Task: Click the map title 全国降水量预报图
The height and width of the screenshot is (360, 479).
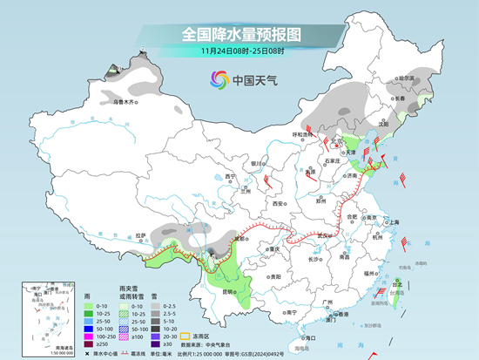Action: pyautogui.click(x=240, y=35)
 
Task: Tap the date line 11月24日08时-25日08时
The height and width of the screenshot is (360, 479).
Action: pyautogui.click(x=240, y=53)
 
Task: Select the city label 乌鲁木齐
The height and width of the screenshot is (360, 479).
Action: pyautogui.click(x=126, y=102)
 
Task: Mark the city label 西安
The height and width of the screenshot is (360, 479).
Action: pyautogui.click(x=278, y=203)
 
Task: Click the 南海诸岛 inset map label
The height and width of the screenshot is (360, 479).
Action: pyautogui.click(x=31, y=346)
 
